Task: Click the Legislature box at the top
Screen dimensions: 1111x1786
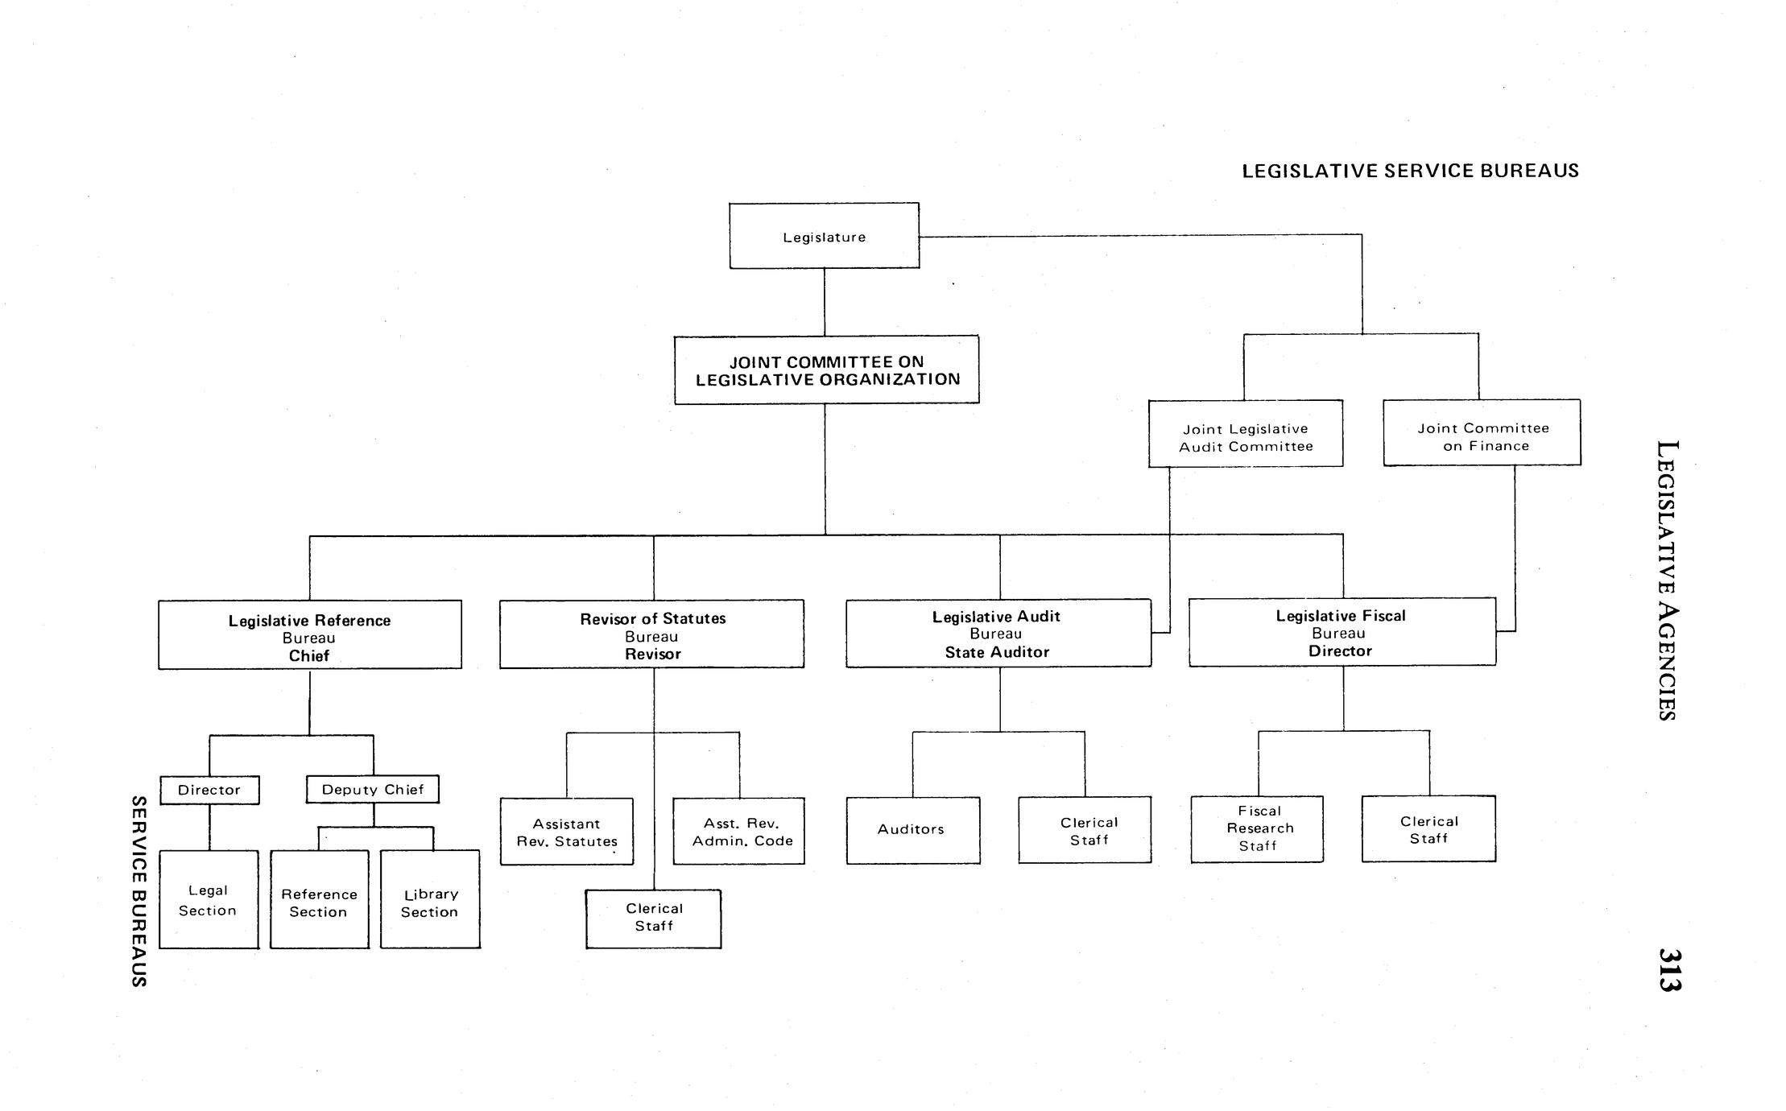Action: (824, 236)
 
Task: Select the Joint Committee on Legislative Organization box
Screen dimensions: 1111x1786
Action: (827, 370)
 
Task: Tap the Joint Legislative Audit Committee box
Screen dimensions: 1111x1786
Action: (1246, 434)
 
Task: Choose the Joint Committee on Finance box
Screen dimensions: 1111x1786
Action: (1482, 433)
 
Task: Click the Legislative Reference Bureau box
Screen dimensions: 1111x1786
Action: (310, 635)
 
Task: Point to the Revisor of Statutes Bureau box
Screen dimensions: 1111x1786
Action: (651, 634)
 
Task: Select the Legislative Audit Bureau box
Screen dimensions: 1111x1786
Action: (998, 634)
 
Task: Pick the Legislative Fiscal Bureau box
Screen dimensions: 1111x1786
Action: (1342, 633)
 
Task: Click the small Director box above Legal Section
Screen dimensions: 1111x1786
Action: (209, 790)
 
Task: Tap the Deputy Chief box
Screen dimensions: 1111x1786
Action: (373, 790)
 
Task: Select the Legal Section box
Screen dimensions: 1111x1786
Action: (209, 900)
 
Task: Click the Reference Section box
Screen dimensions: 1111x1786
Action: (320, 900)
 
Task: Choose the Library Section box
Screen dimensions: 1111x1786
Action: (430, 900)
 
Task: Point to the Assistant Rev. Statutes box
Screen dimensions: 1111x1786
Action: (567, 832)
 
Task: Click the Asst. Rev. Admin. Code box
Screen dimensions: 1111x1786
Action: (739, 832)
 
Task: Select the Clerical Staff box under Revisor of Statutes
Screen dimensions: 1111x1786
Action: (653, 919)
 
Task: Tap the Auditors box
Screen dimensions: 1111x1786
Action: (913, 830)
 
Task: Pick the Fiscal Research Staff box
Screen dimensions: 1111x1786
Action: (1257, 829)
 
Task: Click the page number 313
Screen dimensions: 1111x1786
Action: (1669, 969)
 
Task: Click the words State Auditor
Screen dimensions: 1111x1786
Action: (998, 653)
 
